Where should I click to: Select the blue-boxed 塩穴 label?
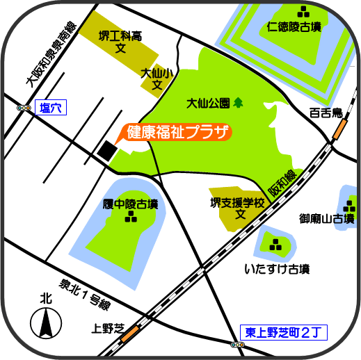click(50, 108)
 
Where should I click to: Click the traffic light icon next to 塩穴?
click(24, 108)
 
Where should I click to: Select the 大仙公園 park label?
click(208, 104)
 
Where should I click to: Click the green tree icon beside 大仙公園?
click(239, 103)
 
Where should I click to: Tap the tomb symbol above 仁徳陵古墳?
click(304, 11)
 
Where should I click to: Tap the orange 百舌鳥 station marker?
click(339, 129)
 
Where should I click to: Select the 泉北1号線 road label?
click(86, 293)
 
